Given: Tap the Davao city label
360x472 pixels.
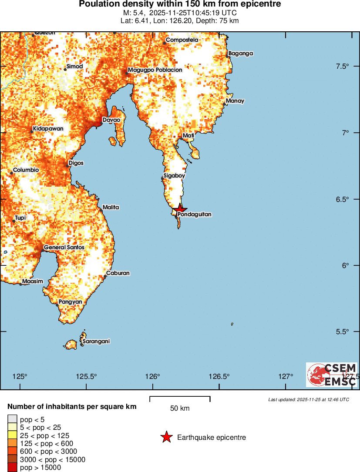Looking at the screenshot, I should (111, 120).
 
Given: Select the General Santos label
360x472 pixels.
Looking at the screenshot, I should (64, 247).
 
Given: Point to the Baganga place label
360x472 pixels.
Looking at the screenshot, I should (241, 54).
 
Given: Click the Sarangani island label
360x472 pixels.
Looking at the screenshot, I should (95, 341).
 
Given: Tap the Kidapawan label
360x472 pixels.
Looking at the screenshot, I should (48, 129).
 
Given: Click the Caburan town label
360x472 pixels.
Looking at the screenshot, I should (118, 273).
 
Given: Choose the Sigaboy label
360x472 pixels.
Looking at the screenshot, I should (174, 176).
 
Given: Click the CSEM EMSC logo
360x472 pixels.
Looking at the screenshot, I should (332, 375).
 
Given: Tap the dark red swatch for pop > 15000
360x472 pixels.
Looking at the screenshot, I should (12, 468).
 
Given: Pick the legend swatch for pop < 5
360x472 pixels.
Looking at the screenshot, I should (12, 420).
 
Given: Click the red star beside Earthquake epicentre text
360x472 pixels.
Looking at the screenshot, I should (166, 437).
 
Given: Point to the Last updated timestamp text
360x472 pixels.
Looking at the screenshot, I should (308, 399).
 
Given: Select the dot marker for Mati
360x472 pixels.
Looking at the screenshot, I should (182, 138).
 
